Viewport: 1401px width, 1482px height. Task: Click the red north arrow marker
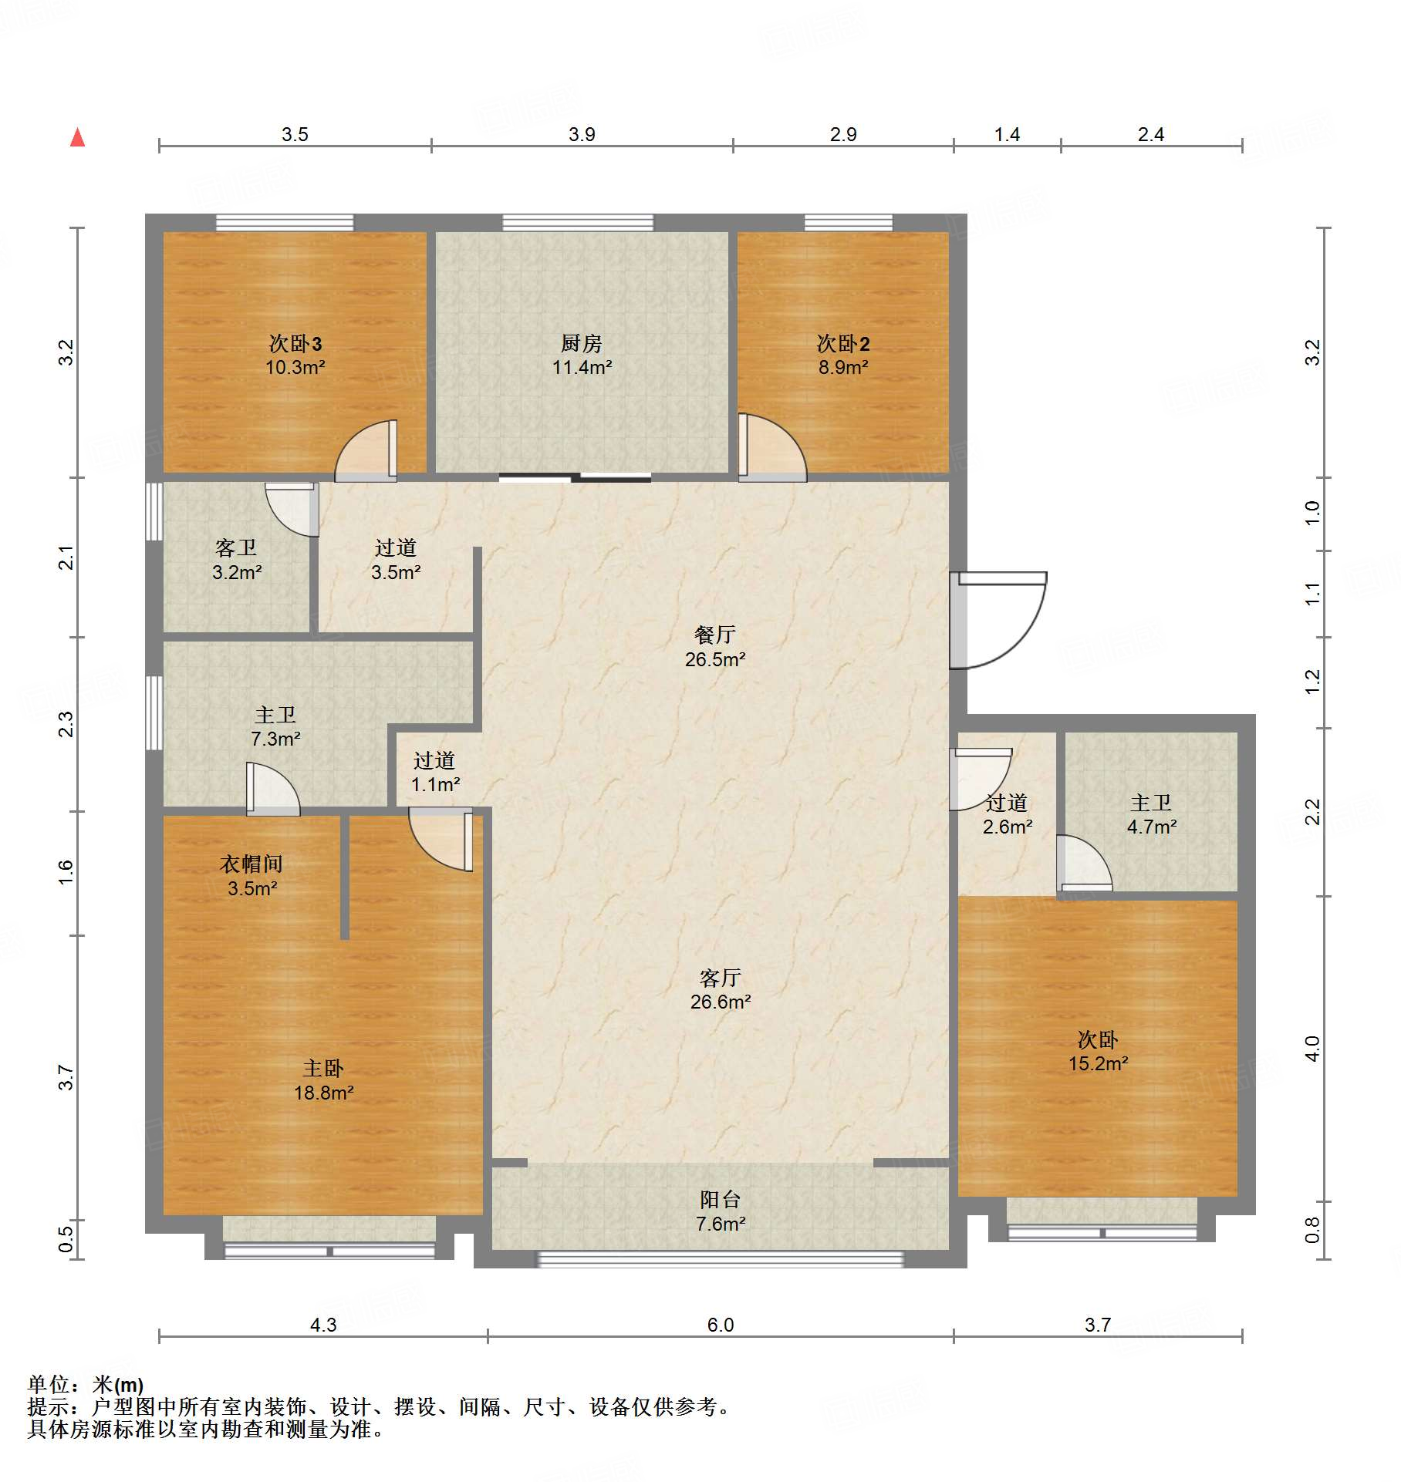tap(77, 137)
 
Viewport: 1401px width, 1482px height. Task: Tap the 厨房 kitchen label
tap(581, 343)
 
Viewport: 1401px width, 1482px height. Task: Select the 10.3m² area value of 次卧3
tap(295, 368)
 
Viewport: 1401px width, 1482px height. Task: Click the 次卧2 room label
tap(843, 343)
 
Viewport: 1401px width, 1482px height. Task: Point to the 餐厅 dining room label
tap(714, 635)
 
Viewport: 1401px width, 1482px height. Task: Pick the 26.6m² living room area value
tap(721, 1002)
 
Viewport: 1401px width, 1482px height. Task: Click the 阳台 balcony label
tap(720, 1199)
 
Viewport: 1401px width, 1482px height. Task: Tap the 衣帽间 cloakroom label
tap(252, 864)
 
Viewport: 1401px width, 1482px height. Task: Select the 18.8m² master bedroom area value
tap(323, 1093)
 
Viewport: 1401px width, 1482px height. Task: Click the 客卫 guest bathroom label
tap(236, 547)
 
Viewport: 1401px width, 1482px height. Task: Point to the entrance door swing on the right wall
tap(998, 619)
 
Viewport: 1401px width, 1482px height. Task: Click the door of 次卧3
tap(366, 450)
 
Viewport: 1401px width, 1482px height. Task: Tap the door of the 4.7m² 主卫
tap(1084, 863)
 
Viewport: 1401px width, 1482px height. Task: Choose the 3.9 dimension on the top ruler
tap(582, 134)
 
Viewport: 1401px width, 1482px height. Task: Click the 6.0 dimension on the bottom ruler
tap(721, 1325)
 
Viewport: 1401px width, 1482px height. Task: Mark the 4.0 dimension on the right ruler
tap(1312, 1048)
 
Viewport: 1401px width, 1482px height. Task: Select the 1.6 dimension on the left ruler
tap(66, 871)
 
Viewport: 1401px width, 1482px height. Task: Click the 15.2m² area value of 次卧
tap(1099, 1064)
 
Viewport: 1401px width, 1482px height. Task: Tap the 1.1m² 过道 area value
tap(436, 785)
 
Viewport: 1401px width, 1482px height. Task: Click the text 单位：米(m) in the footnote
tap(86, 1386)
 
